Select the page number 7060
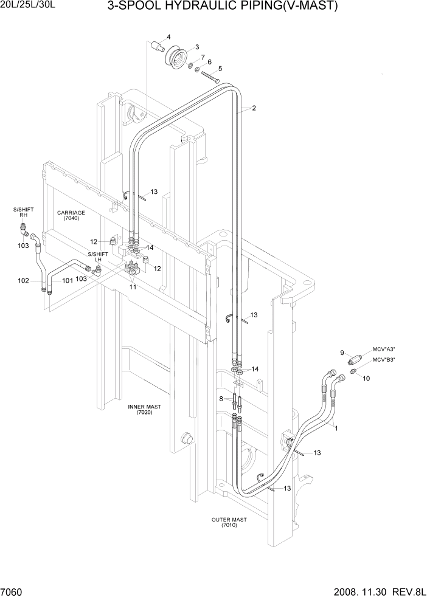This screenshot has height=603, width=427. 12,592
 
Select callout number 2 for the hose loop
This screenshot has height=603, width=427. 253,109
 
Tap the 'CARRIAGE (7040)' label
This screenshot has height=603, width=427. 71,215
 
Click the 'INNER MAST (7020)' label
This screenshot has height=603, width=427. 144,409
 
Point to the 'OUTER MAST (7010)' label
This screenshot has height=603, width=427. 229,522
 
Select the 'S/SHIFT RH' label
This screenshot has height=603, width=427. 23,212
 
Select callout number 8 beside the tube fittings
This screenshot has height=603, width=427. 221,399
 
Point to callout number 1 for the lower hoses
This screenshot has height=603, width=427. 336,427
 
